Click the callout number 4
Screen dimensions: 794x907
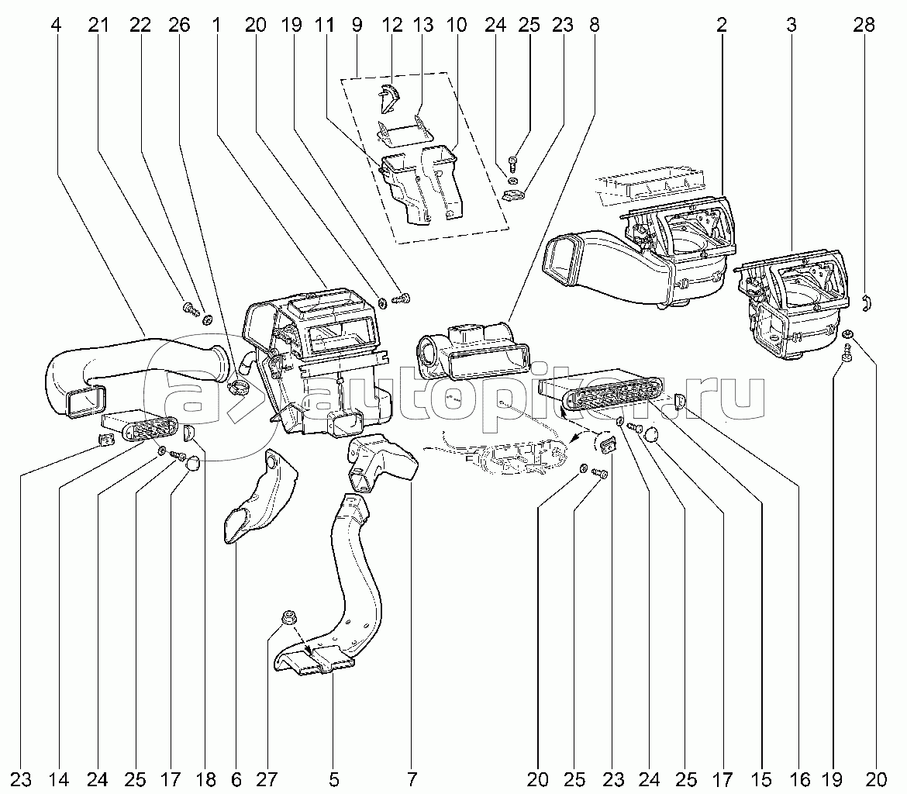[x=55, y=25]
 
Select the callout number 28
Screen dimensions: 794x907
[x=864, y=25]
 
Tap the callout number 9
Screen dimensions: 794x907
[x=357, y=25]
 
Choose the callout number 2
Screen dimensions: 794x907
[x=722, y=25]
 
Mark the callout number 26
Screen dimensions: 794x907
[x=178, y=25]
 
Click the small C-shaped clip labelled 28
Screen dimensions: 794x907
[x=868, y=300]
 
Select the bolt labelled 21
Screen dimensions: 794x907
[x=188, y=309]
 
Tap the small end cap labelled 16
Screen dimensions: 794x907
[x=679, y=401]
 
